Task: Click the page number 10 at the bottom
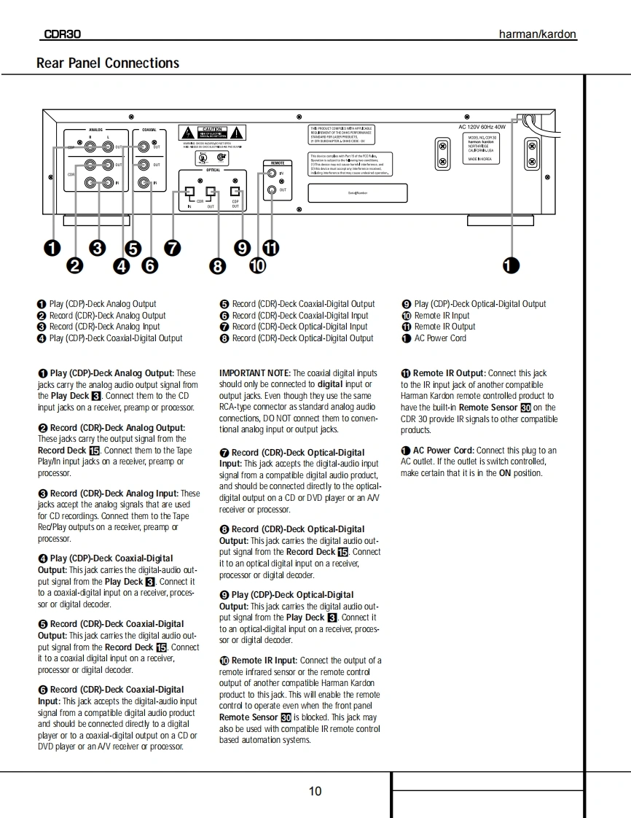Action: pyautogui.click(x=315, y=791)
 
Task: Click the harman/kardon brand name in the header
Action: pyautogui.click(x=537, y=34)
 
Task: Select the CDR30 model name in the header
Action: pyautogui.click(x=63, y=34)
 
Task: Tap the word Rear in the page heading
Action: pyautogui.click(x=50, y=63)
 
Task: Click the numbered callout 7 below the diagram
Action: pyautogui.click(x=173, y=248)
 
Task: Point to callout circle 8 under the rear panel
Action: pyautogui.click(x=218, y=266)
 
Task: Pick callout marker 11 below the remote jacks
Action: pyautogui.click(x=270, y=248)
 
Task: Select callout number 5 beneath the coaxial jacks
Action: pyautogui.click(x=133, y=248)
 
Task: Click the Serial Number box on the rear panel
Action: pyautogui.click(x=357, y=192)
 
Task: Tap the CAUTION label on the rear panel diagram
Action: pyautogui.click(x=212, y=129)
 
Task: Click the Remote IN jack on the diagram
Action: pyautogui.click(x=272, y=174)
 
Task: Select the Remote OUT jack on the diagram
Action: pyautogui.click(x=272, y=190)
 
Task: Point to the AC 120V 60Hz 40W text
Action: pyautogui.click(x=482, y=127)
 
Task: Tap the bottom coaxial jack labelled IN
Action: pyautogui.click(x=144, y=182)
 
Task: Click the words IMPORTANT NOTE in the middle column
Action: pyautogui.click(x=255, y=373)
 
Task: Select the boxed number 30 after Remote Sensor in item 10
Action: pyautogui.click(x=286, y=717)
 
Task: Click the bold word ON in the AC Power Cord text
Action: pyautogui.click(x=504, y=473)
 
